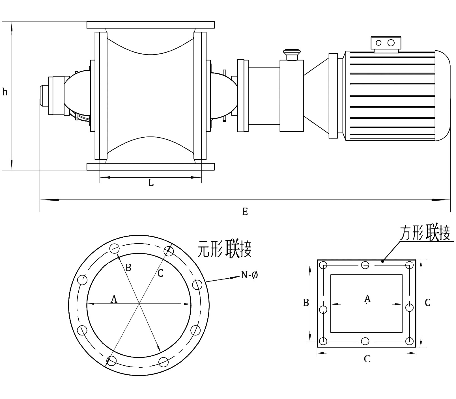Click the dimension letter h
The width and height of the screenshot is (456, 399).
[5, 92]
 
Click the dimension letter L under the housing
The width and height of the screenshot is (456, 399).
[151, 183]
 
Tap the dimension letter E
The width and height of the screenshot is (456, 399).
[245, 211]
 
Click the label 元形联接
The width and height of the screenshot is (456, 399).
[224, 249]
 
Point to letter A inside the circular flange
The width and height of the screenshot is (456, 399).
[114, 299]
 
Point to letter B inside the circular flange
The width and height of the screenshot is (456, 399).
[128, 267]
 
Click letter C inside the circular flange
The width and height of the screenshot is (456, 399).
[160, 273]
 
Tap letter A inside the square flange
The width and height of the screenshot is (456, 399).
[367, 298]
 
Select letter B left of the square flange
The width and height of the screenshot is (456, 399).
[306, 303]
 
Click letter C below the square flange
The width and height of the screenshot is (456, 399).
[367, 359]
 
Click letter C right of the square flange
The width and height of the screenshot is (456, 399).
[427, 303]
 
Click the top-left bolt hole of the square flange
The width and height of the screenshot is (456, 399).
[323, 265]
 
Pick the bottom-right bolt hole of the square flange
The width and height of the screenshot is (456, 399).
[409, 341]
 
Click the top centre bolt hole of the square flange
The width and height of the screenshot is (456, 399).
[365, 265]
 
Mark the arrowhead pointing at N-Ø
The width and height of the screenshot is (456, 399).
[235, 277]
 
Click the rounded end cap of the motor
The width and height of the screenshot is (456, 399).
[443, 96]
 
